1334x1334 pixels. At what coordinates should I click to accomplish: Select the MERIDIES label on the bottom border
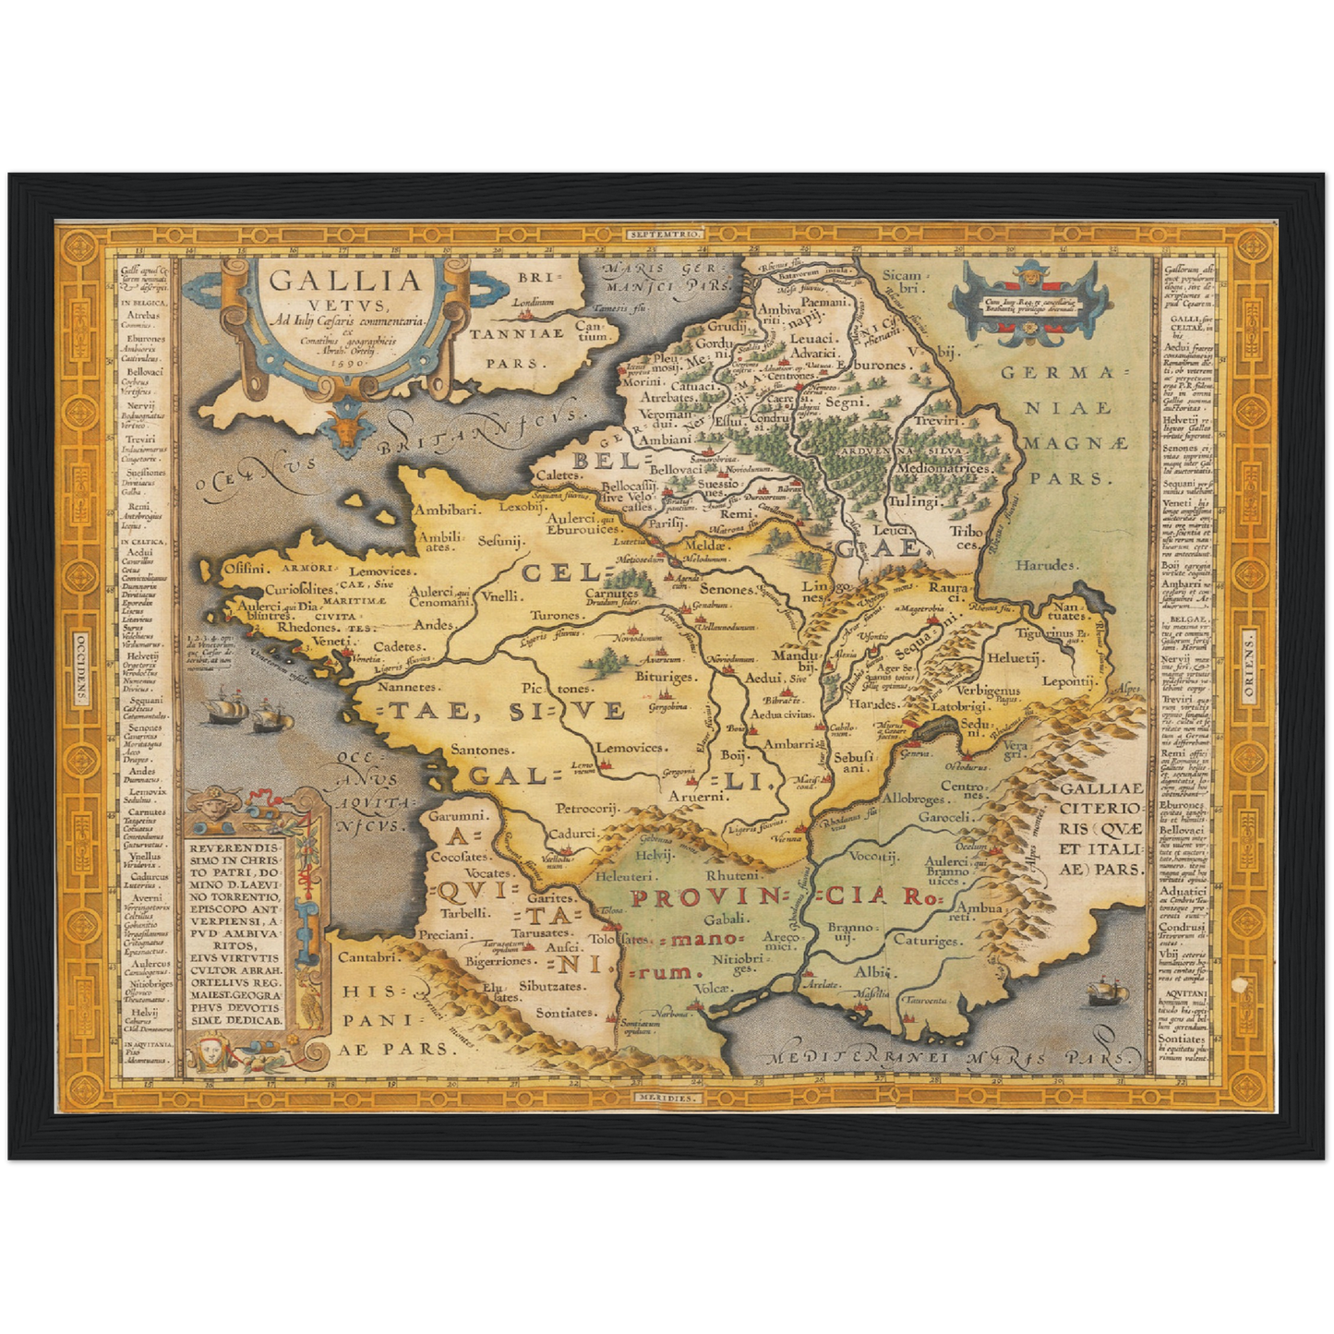tap(667, 1098)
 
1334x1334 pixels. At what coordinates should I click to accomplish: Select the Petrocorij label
tap(586, 809)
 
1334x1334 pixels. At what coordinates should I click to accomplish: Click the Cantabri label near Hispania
tap(367, 957)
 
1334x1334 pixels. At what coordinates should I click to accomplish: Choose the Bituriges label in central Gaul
tap(664, 677)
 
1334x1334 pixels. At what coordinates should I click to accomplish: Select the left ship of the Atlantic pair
tap(225, 709)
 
